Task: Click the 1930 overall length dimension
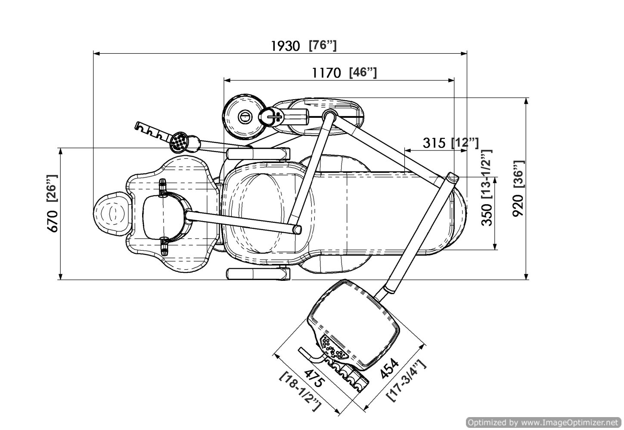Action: tap(286, 46)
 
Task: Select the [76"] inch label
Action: tap(323, 45)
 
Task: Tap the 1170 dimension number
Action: tap(326, 73)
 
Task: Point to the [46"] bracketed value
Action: tap(363, 72)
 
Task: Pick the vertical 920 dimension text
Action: tap(518, 206)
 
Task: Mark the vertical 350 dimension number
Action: tap(486, 214)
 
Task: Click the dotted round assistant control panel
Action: tap(179, 142)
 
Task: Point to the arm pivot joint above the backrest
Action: tap(330, 114)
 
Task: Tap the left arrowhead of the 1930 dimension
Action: tap(96, 54)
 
